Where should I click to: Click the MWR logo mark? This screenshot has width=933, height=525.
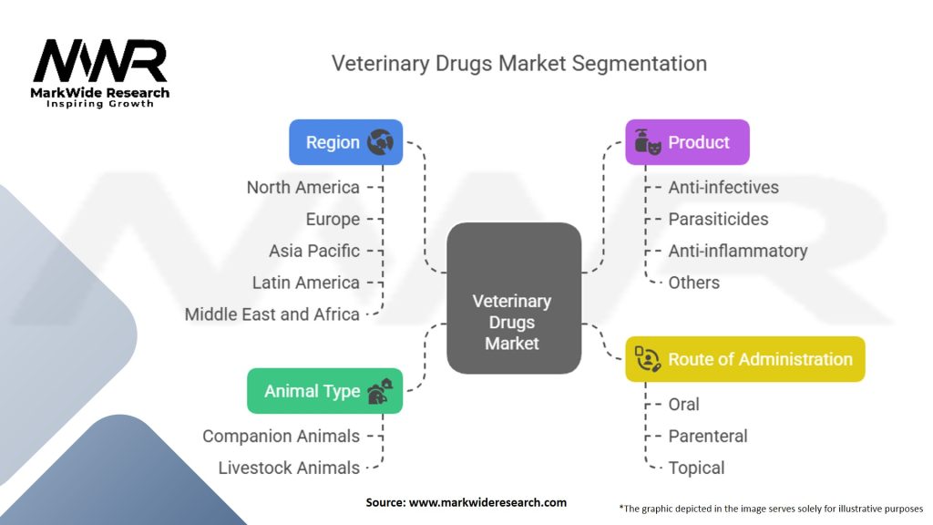click(x=100, y=61)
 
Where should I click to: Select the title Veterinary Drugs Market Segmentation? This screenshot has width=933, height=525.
click(x=518, y=63)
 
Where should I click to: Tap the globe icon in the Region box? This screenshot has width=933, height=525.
click(x=380, y=142)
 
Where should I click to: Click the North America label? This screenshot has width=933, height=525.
click(x=302, y=188)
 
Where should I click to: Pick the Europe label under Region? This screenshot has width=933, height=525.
click(x=333, y=219)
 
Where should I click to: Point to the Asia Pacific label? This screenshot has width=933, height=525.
click(x=314, y=251)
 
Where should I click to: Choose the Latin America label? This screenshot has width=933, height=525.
click(x=306, y=283)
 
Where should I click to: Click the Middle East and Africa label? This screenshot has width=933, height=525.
click(x=272, y=314)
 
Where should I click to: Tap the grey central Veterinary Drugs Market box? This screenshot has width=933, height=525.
click(x=514, y=298)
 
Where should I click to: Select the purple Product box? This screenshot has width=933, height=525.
click(x=687, y=142)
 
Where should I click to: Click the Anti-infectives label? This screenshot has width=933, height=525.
click(x=723, y=188)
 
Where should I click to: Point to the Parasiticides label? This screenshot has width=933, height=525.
click(x=718, y=219)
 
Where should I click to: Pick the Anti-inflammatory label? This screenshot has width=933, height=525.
click(x=738, y=251)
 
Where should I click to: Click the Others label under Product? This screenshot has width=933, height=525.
click(x=693, y=283)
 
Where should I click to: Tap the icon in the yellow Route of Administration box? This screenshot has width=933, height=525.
click(x=648, y=359)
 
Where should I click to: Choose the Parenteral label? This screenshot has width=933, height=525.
click(x=707, y=436)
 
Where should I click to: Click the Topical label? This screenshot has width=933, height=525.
click(x=696, y=468)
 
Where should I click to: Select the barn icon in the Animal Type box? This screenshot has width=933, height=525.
click(x=380, y=391)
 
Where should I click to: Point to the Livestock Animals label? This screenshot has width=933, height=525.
click(x=289, y=468)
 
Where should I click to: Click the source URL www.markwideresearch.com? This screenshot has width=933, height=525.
click(x=487, y=502)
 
